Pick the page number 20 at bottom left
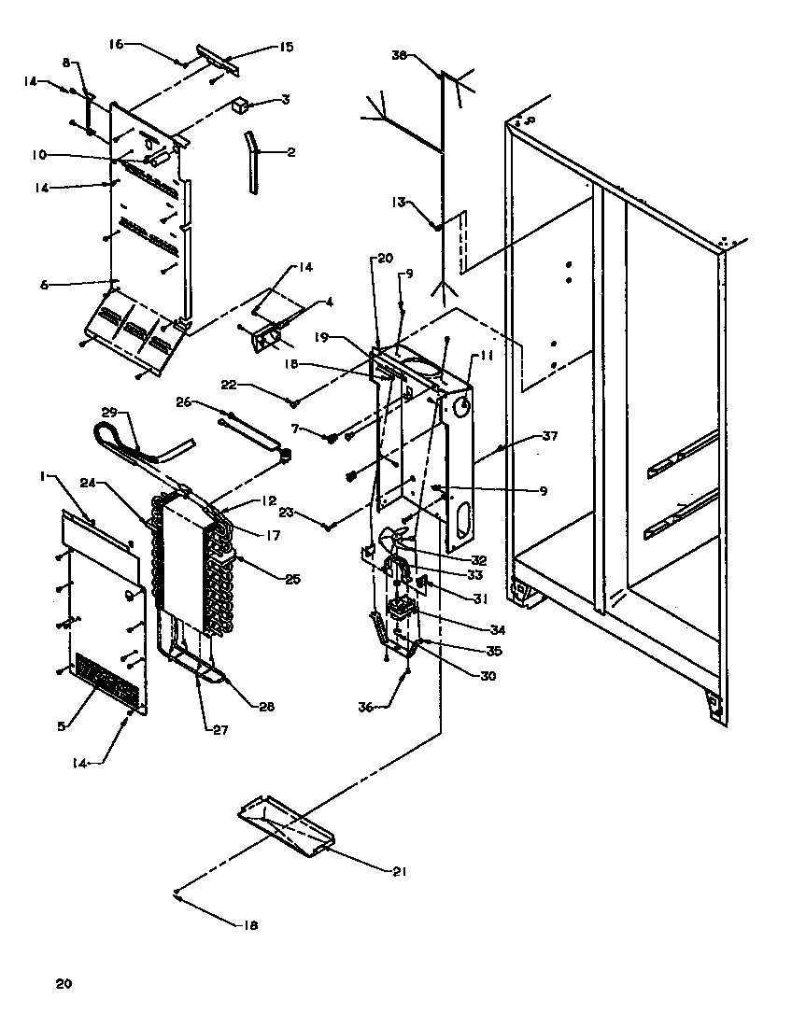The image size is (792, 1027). point(63,983)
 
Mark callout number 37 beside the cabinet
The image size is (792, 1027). point(551,436)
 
